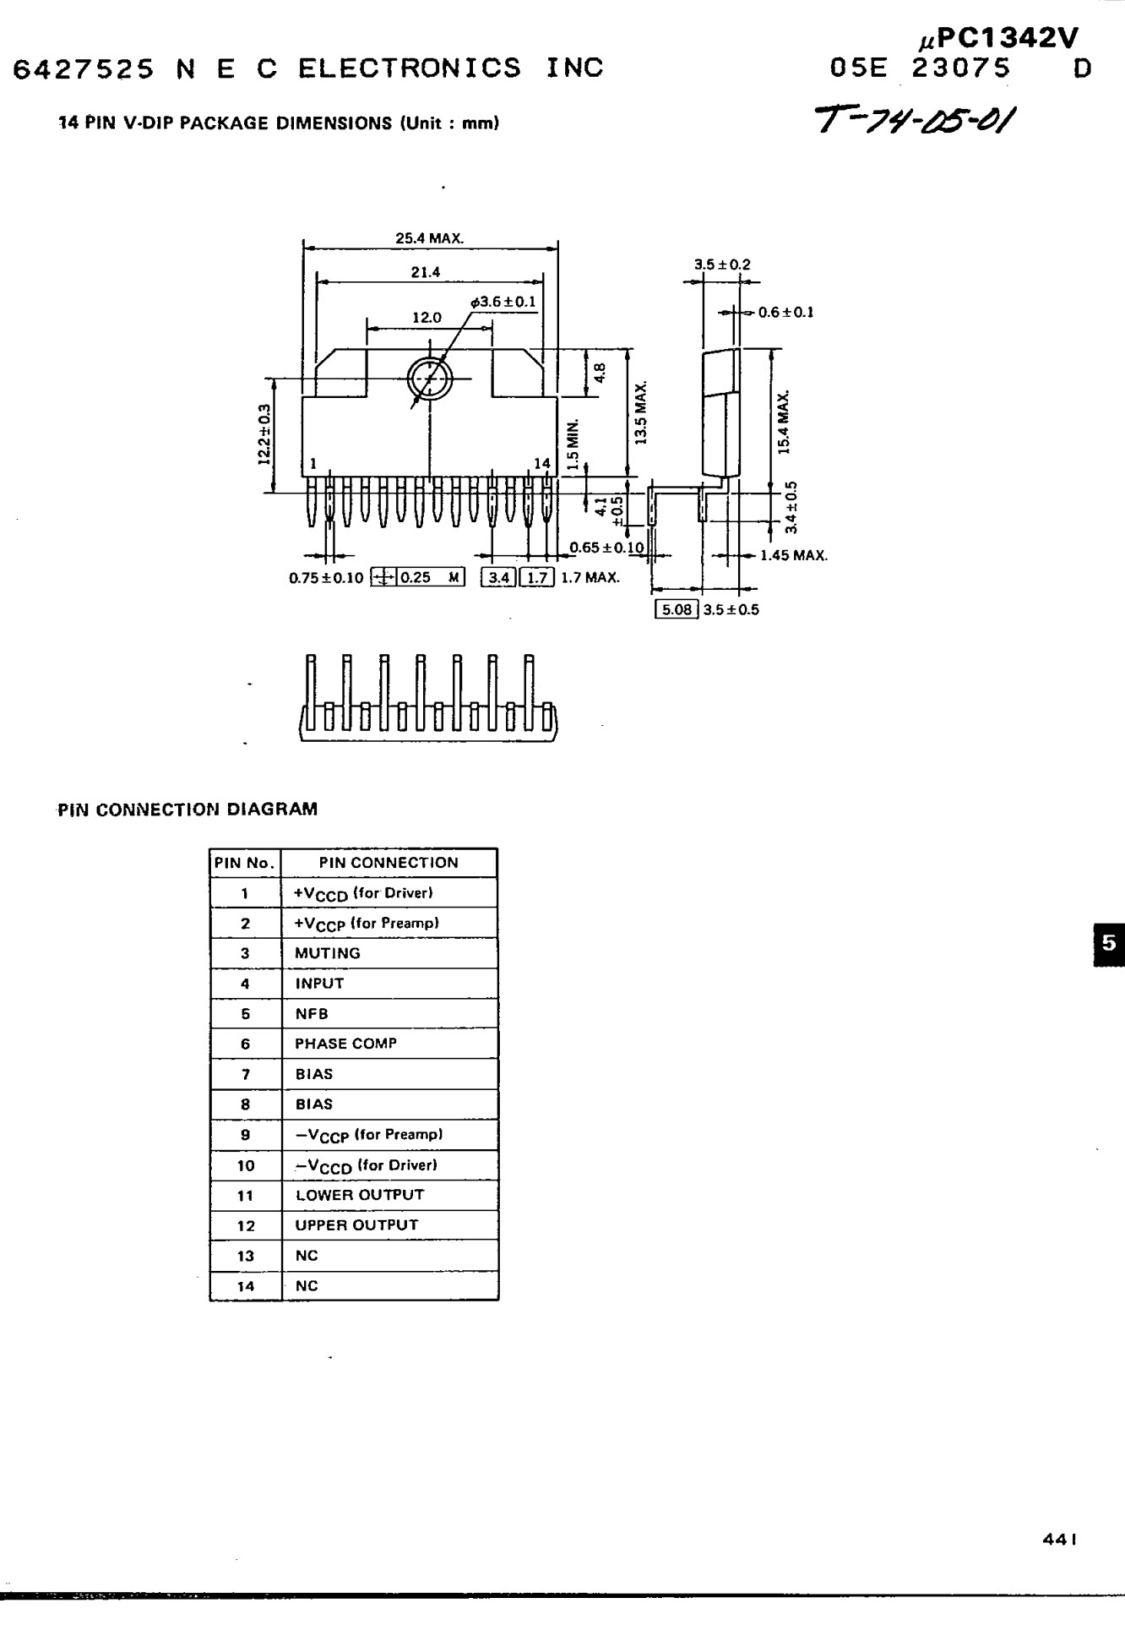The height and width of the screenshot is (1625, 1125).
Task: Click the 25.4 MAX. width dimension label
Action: tap(429, 238)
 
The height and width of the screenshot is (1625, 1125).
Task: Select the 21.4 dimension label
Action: tap(426, 272)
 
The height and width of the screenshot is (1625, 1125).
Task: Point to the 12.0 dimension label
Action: tap(427, 318)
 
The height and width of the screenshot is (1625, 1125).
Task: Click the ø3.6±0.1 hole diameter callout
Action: tap(503, 302)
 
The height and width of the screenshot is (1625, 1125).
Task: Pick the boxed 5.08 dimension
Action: tap(677, 609)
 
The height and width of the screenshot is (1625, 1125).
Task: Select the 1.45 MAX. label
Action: tap(793, 555)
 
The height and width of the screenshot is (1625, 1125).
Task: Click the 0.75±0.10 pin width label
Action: tap(326, 578)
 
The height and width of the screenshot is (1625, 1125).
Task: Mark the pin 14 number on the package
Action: tap(541, 463)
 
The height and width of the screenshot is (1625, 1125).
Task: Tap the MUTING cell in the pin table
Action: tap(328, 953)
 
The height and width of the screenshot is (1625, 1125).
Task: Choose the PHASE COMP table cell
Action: tap(345, 1044)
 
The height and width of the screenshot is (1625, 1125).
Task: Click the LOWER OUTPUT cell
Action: tap(360, 1195)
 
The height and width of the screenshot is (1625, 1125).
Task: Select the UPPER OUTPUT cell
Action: tap(356, 1225)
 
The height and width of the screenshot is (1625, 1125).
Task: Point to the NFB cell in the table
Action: tap(312, 1014)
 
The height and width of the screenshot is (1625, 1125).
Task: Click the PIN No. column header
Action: tap(245, 863)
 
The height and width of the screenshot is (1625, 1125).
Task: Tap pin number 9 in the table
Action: tap(245, 1135)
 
